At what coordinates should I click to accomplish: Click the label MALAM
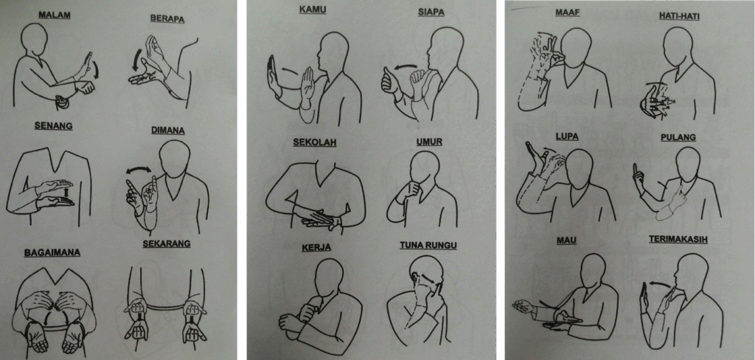tap(55, 15)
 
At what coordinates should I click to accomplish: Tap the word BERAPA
tap(167, 18)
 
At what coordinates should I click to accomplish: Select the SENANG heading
tap(53, 126)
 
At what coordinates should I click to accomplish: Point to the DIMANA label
tap(169, 130)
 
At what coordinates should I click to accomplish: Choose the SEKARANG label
tap(166, 243)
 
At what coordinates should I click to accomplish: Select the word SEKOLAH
tap(314, 142)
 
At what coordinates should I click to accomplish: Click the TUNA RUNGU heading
tap(428, 246)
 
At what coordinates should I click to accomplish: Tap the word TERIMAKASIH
tap(678, 239)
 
